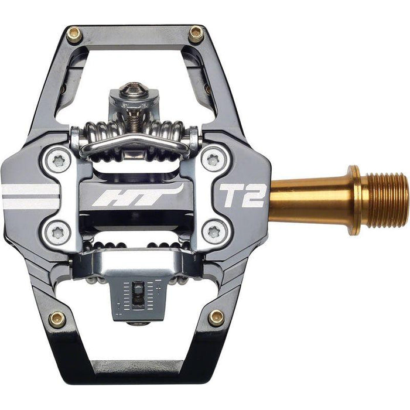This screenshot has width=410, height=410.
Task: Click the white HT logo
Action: pyautogui.click(x=136, y=196)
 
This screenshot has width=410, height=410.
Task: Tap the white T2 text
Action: pyautogui.click(x=242, y=196)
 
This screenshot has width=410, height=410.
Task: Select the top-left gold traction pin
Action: pyautogui.click(x=74, y=35)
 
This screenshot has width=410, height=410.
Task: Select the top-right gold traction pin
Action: pyautogui.click(x=196, y=33)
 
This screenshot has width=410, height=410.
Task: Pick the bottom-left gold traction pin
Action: pyautogui.click(x=58, y=318)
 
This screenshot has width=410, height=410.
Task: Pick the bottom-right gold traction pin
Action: pyautogui.click(x=216, y=317)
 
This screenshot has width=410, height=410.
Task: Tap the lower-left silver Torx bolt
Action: pyautogui.click(x=58, y=233)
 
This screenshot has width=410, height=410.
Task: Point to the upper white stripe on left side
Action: pyautogui.click(x=29, y=189)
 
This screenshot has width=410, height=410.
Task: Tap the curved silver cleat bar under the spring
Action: pyautogui.click(x=135, y=142)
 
